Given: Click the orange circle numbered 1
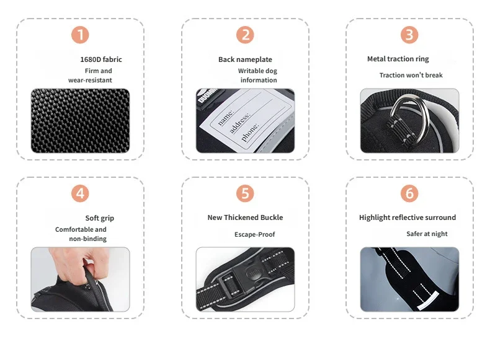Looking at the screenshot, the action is (x=80, y=35).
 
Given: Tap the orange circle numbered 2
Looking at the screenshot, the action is (x=245, y=35).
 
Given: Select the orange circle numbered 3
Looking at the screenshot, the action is (x=409, y=35).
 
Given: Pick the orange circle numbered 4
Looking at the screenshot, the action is (x=80, y=193).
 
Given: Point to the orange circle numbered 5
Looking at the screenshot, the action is (x=245, y=193).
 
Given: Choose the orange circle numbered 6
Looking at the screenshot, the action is (x=409, y=193).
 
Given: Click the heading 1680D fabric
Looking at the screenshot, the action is (x=101, y=59).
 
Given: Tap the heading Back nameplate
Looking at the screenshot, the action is (x=246, y=59).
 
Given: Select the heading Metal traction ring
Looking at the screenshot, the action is (x=398, y=59).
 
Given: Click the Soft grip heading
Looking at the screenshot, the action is (x=100, y=218).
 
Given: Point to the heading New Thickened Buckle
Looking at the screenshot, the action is (x=246, y=217).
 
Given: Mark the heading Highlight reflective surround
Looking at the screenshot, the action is (x=408, y=217).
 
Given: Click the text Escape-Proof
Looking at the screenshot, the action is (x=255, y=234).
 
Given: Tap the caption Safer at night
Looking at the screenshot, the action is (x=427, y=234).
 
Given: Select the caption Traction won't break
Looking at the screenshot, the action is (x=411, y=75).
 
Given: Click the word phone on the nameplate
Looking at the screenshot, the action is (x=251, y=132).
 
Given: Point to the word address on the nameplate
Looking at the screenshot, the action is (x=240, y=123).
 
